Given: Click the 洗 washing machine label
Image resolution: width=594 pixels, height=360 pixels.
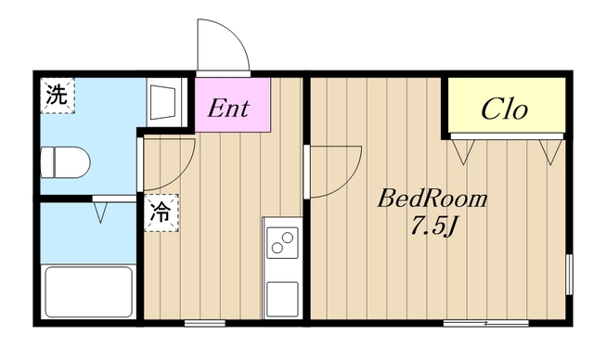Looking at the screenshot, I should [57, 96].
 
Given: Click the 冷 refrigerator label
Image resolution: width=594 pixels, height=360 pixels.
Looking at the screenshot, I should [160, 211].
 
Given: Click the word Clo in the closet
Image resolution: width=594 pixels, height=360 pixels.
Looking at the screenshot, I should [505, 109].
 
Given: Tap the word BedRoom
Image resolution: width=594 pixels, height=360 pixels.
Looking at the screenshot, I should [432, 199].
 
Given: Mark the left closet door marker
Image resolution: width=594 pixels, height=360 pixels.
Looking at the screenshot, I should [462, 148].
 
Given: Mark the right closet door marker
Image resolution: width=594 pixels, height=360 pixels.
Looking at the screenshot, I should [549, 148].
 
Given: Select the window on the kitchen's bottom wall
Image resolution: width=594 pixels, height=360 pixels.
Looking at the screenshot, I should [198, 322].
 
